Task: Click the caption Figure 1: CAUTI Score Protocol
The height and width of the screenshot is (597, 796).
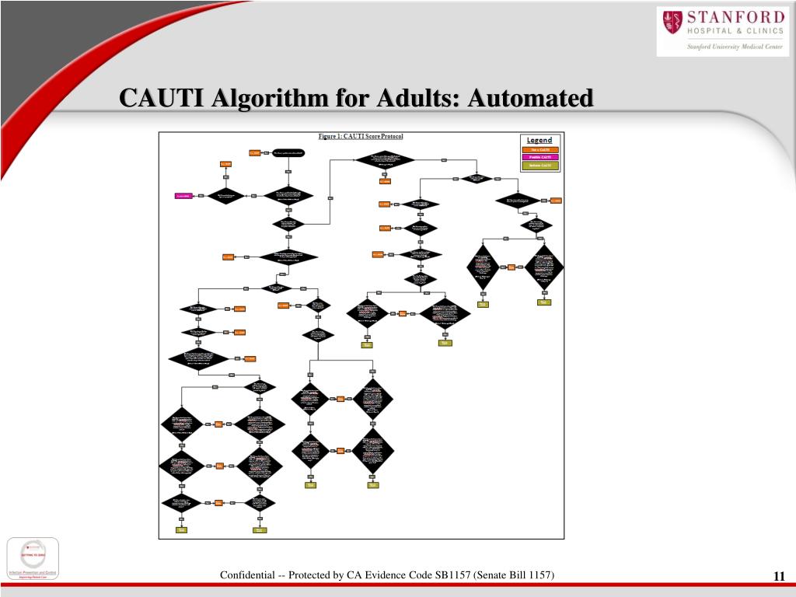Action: click(361, 137)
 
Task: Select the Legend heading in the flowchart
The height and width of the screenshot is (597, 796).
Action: click(539, 141)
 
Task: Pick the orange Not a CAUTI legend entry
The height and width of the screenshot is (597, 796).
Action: click(539, 149)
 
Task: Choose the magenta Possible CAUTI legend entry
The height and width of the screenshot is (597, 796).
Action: click(539, 157)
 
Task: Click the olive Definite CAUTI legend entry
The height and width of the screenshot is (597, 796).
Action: click(539, 166)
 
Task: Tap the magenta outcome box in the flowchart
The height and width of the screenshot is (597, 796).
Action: click(183, 196)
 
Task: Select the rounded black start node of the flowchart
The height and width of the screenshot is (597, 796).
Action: click(288, 153)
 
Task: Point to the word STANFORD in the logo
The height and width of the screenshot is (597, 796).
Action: click(735, 17)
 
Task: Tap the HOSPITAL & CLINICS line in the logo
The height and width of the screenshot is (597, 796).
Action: click(735, 31)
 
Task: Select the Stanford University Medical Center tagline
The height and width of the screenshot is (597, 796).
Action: click(735, 47)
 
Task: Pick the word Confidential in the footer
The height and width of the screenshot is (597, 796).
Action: click(247, 574)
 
